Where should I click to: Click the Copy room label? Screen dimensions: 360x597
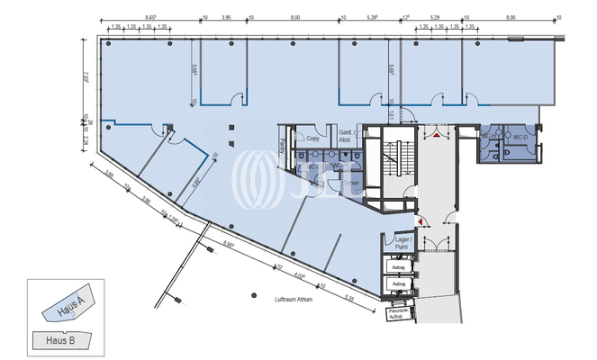[x=313, y=139]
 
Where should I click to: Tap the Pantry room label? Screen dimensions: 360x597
[x=284, y=143]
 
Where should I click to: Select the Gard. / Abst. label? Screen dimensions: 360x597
[x=345, y=136]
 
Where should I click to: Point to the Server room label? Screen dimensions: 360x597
[x=351, y=184]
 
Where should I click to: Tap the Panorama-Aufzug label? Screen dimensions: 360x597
[x=398, y=314]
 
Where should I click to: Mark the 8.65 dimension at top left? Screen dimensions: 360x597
[x=151, y=16]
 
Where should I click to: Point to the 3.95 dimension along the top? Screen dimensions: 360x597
[x=226, y=16]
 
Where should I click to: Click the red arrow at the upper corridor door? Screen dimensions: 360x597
[x=436, y=135]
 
